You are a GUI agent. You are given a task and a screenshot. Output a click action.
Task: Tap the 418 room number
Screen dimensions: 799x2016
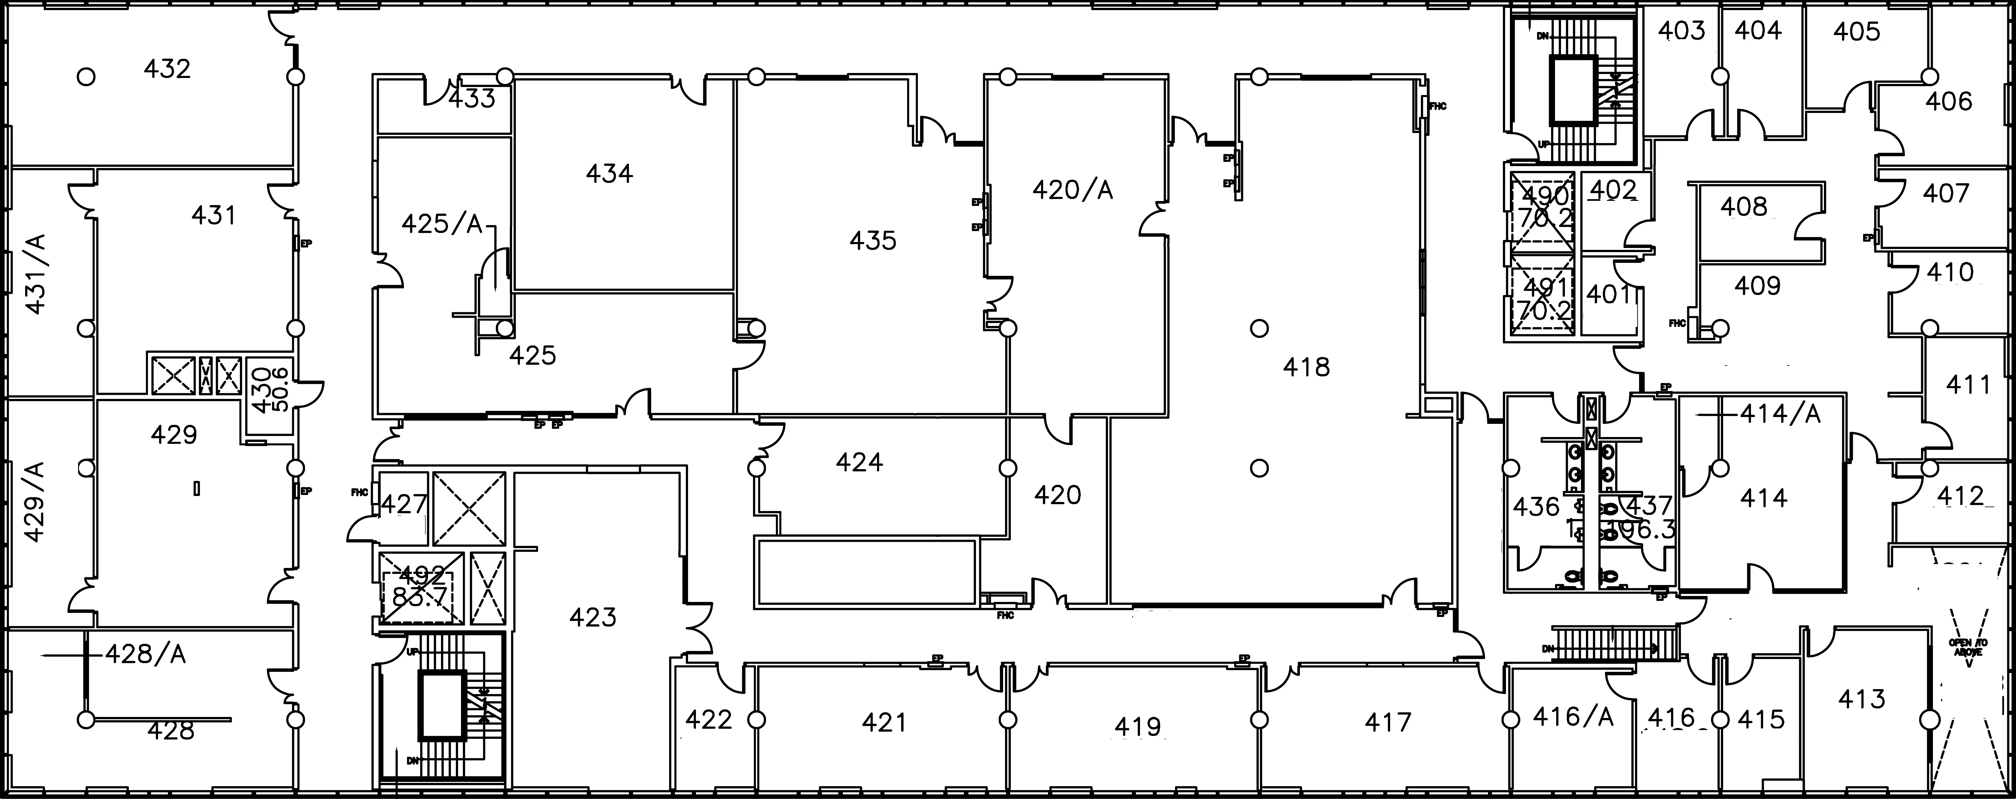pos(1306,367)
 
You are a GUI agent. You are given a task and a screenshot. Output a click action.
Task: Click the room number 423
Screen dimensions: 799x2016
pos(593,618)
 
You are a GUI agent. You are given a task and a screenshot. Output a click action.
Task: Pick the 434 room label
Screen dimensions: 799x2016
pos(609,174)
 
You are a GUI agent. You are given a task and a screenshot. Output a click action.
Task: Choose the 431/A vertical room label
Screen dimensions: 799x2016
pos(36,274)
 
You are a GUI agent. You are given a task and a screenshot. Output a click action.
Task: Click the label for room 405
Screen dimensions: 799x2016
pos(1856,32)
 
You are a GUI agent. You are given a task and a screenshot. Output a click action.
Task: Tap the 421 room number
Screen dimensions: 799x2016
pos(884,722)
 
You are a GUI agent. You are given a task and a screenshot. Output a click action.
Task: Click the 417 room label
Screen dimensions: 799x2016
pos(1388,722)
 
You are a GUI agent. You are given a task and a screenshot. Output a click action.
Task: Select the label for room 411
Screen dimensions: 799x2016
pos(1967,385)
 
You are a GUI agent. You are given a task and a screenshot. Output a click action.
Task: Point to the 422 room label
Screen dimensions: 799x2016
pos(708,719)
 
